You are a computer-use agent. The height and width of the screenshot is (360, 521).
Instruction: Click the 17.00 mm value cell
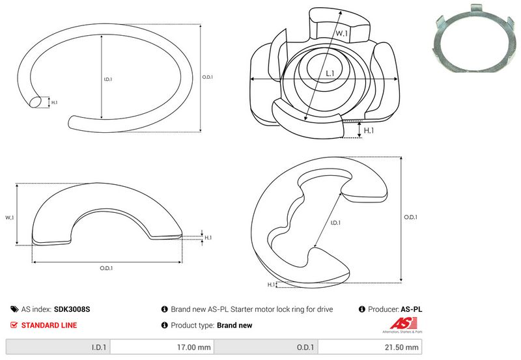point(162,347)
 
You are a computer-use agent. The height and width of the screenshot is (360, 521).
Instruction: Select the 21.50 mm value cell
point(370,347)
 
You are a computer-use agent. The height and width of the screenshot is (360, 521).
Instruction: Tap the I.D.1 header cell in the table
point(58,347)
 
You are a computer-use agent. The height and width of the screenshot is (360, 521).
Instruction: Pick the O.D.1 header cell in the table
point(266,347)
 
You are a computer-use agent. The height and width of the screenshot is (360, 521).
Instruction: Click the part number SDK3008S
point(72,309)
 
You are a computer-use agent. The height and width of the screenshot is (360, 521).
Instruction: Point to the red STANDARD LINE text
point(49,325)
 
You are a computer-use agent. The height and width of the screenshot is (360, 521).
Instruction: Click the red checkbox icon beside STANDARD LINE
point(14,325)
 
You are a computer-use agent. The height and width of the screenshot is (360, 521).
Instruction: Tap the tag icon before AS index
point(14,309)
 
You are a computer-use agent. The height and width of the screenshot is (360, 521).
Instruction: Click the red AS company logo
point(402,325)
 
